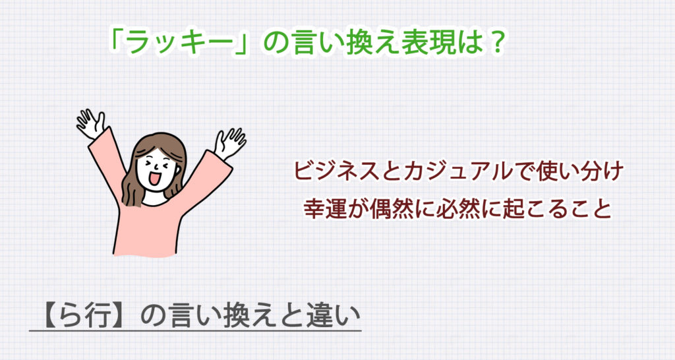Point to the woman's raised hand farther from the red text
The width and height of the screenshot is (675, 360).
click(91, 122)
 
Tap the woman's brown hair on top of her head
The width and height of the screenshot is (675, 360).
click(158, 141)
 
